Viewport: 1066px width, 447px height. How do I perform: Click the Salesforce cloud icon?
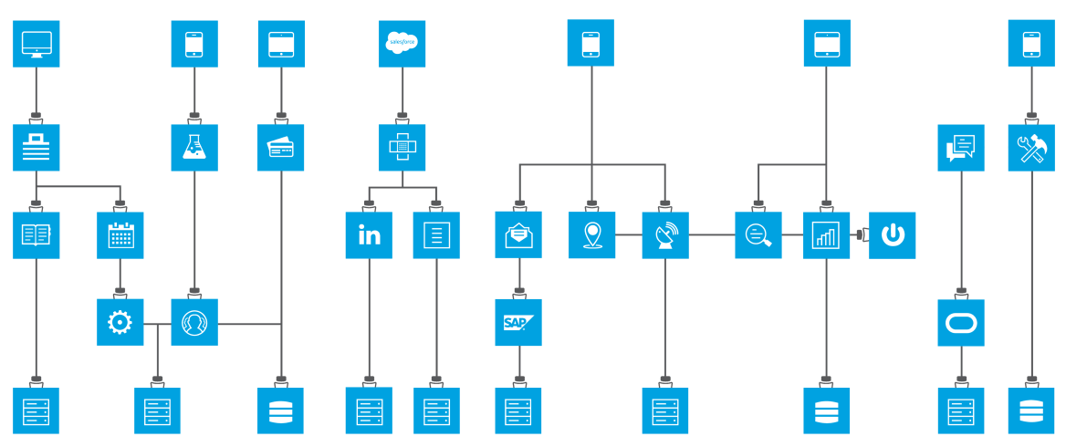pyautogui.click(x=402, y=43)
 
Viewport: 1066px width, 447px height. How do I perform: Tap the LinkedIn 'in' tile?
pyautogui.click(x=369, y=235)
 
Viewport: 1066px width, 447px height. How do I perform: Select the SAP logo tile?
pyautogui.click(x=518, y=322)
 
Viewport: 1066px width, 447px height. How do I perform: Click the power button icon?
pyautogui.click(x=893, y=235)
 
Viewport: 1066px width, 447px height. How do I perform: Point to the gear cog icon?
pyautogui.click(x=120, y=322)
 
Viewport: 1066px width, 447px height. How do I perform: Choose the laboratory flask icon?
pyautogui.click(x=194, y=148)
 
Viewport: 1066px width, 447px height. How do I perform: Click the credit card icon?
pyautogui.click(x=280, y=148)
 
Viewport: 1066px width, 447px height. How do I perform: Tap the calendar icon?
pyautogui.click(x=120, y=235)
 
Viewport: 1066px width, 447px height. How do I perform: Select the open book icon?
pyautogui.click(x=37, y=235)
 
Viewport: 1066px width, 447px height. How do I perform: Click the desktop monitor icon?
pyautogui.click(x=37, y=44)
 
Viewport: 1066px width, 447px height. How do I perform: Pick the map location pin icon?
pyautogui.click(x=592, y=235)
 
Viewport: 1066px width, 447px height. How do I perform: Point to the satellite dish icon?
pyautogui.click(x=665, y=235)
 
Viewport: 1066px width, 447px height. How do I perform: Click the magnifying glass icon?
pyautogui.click(x=758, y=235)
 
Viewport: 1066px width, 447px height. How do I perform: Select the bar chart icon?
pyautogui.click(x=826, y=235)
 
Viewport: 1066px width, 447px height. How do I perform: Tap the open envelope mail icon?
pyautogui.click(x=518, y=235)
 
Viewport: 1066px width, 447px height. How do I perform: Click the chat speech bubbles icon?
pyautogui.click(x=961, y=148)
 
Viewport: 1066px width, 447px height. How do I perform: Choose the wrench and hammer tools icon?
pyautogui.click(x=1031, y=148)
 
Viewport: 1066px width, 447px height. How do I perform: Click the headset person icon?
pyautogui.click(x=194, y=322)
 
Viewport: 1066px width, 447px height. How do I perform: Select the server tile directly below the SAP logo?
pyautogui.click(x=518, y=411)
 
